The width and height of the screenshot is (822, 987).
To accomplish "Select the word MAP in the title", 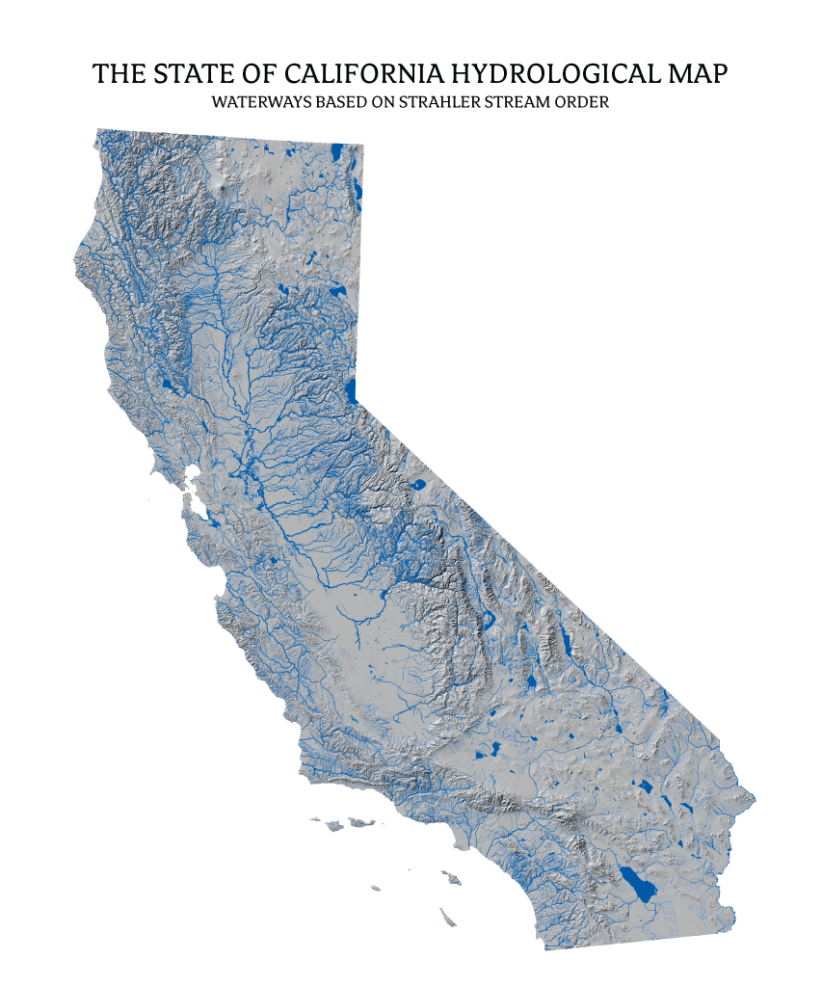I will [695, 74].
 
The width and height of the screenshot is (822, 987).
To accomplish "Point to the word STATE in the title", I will [202, 74].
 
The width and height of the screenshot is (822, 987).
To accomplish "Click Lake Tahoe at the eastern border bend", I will [351, 390].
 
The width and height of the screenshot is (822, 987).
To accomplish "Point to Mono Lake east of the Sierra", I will [419, 486].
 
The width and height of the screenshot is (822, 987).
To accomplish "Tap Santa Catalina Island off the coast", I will [449, 880].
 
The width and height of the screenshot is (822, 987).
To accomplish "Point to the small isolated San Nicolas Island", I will [374, 888].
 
